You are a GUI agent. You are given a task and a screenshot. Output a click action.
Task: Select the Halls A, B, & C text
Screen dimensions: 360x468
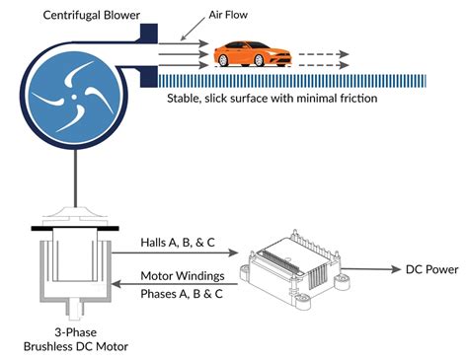179,239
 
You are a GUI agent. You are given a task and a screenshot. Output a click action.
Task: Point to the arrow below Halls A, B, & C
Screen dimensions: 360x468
179,252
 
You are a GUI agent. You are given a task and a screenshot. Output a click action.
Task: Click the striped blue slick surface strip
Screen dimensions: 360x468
296,80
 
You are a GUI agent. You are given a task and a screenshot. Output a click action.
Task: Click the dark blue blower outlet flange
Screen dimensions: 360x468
149,49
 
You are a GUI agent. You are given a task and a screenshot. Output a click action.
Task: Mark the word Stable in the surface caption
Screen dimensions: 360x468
187,101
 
